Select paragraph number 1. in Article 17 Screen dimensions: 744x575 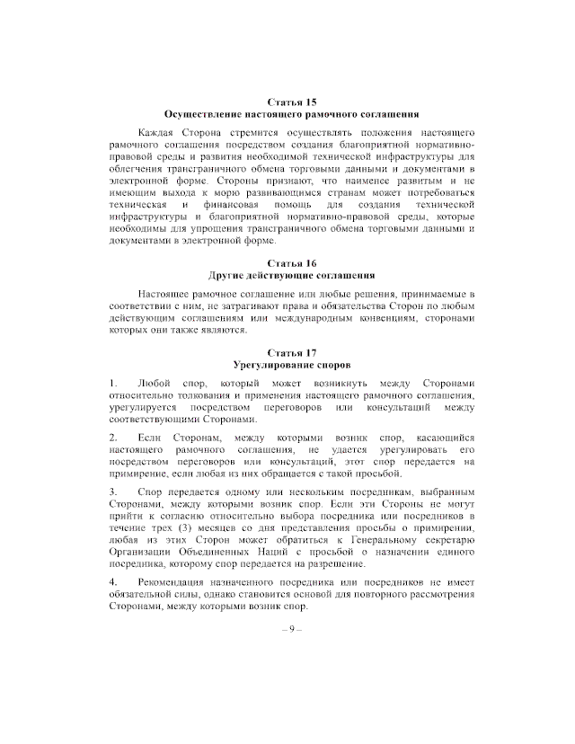point(113,384)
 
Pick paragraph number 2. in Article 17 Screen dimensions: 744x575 point(113,438)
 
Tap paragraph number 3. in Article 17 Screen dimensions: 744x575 point(113,492)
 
